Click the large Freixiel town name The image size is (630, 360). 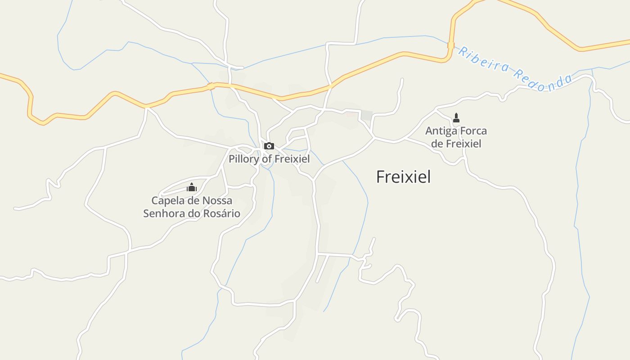pos(403,177)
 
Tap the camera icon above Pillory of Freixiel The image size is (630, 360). pos(269,146)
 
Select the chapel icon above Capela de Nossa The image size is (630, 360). pos(192,187)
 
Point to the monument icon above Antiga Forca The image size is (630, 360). pos(456,118)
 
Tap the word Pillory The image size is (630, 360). pos(244,159)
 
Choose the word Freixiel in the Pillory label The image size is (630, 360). pos(292,159)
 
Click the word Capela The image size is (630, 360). pos(167,200)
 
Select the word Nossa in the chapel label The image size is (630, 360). pos(218,200)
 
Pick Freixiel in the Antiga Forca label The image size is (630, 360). pos(463,144)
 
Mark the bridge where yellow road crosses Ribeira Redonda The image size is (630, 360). pos(451,45)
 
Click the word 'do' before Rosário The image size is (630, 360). pos(194,213)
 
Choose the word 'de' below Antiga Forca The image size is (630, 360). pos(437,144)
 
